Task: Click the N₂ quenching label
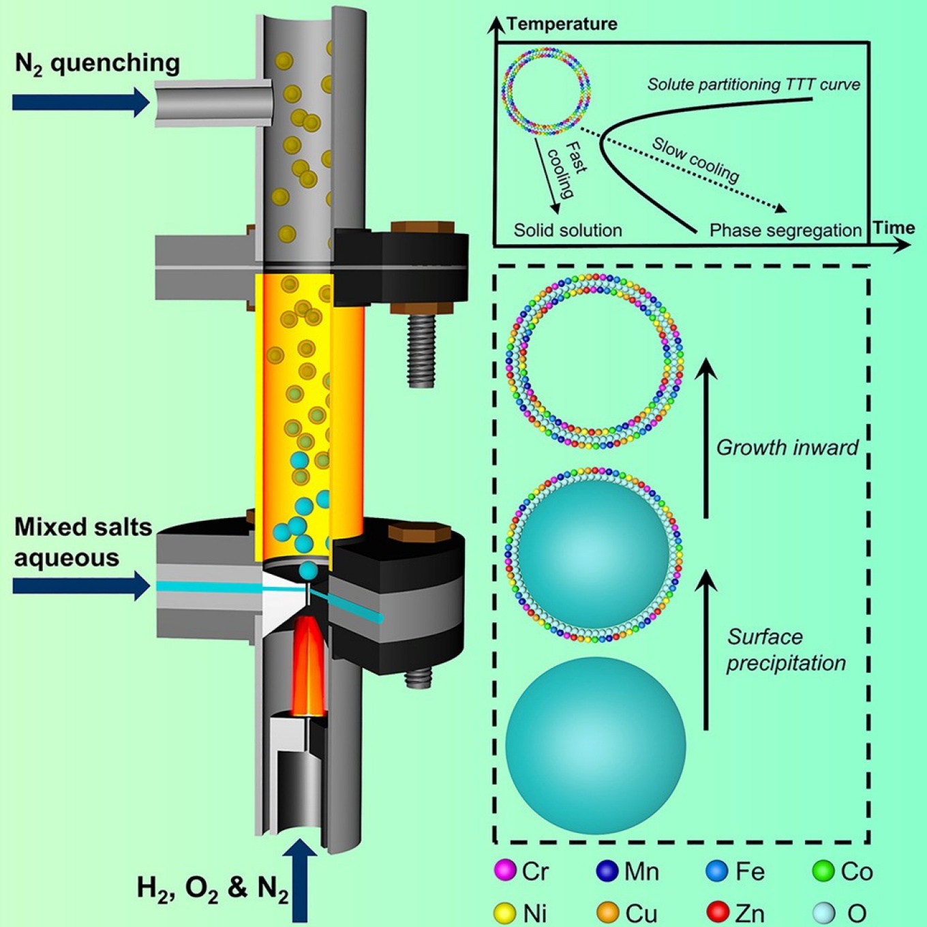pos(97,63)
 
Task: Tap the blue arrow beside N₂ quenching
pos(80,102)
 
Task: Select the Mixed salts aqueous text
pos(82,542)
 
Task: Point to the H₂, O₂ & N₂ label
pos(213,888)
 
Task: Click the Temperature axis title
pos(562,24)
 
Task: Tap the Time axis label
pos(894,228)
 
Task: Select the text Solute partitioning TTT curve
pos(753,85)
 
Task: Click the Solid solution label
pos(568,230)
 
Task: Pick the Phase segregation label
pos(785,230)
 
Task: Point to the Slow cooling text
pos(695,160)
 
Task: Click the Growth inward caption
pos(787,448)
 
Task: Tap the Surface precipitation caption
pos(785,650)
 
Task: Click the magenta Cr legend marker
pos(505,870)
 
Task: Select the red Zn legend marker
pos(718,912)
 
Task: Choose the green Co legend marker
pos(823,870)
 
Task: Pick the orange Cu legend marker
pos(607,912)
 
